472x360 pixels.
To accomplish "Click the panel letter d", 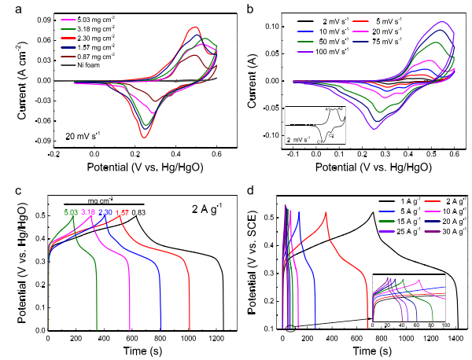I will [245, 189].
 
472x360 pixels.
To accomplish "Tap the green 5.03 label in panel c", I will [72, 212].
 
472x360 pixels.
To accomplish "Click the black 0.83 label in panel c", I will [138, 212].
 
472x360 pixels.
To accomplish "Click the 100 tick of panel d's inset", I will [445, 324].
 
